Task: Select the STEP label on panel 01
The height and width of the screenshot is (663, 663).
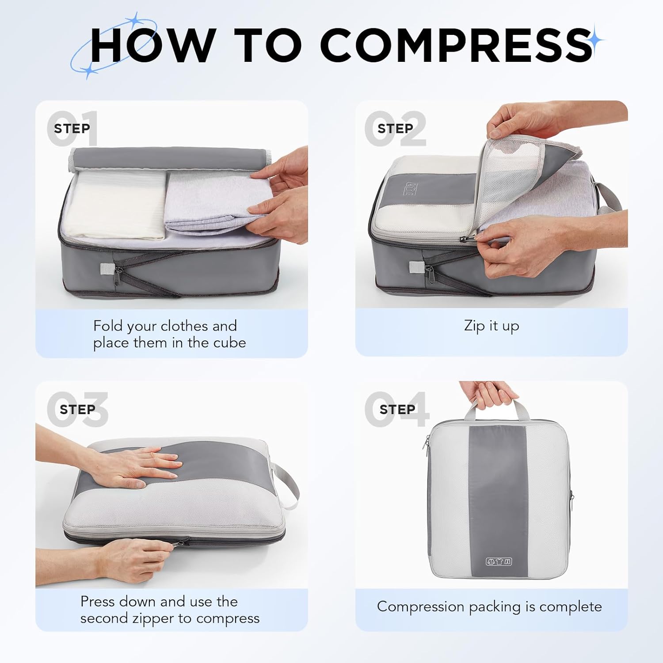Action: tap(72, 129)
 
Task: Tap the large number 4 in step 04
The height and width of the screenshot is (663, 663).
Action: tap(416, 409)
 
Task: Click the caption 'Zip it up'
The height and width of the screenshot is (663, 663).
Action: tap(491, 326)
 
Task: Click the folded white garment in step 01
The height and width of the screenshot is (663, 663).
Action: tap(117, 206)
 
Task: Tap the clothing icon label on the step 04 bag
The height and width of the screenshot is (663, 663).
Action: tap(499, 562)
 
